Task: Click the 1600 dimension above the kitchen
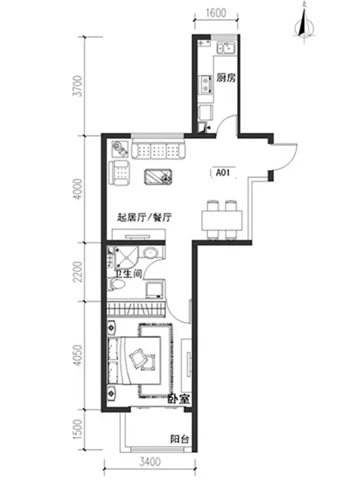click(x=216, y=13)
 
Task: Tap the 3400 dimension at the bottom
click(x=149, y=461)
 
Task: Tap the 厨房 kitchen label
click(x=226, y=78)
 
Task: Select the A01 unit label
click(x=223, y=173)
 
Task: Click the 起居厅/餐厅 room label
click(x=145, y=218)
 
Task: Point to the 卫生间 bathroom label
click(x=128, y=274)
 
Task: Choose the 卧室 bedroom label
click(x=179, y=398)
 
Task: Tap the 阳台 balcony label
click(x=179, y=439)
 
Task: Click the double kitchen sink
click(x=226, y=49)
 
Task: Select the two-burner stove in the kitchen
click(x=206, y=85)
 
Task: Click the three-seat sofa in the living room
click(x=158, y=149)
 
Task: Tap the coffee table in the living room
click(x=158, y=177)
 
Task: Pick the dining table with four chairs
click(x=222, y=220)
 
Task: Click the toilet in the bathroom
click(x=117, y=284)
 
